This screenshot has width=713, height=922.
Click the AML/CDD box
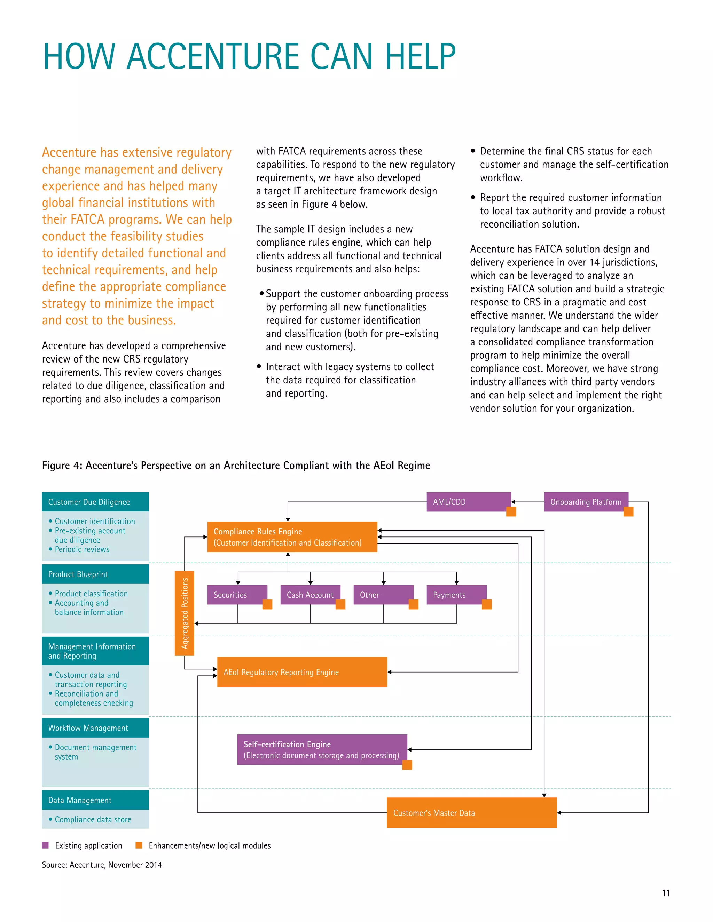tap(468, 501)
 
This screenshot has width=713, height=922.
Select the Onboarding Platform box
tap(586, 501)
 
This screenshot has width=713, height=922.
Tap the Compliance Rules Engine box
tap(292, 536)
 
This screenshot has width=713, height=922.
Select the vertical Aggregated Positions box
tap(185, 613)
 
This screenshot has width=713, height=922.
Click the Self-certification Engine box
tap(322, 749)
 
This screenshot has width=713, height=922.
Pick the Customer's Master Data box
tap(471, 812)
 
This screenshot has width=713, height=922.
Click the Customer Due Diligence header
tap(95, 501)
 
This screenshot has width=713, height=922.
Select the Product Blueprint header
tap(95, 574)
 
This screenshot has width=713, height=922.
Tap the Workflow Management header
tap(95, 728)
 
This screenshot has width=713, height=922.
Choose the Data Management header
tap(95, 800)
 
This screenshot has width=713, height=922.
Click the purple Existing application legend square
tap(45, 845)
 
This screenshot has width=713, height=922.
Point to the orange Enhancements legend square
tap(139, 845)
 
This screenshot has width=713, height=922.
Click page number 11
tap(666, 892)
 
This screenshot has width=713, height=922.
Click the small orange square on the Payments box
tap(487, 604)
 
